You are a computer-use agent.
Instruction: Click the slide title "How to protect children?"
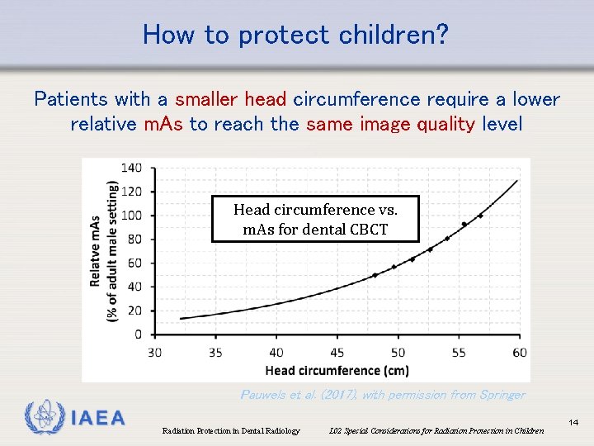click(296, 35)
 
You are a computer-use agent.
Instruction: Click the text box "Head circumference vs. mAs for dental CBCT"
click(315, 219)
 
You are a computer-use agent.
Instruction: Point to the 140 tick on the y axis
click(132, 168)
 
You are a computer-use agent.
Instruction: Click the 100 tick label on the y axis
click(132, 216)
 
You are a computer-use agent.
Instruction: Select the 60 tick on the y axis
click(135, 263)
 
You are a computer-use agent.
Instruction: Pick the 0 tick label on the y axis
click(138, 334)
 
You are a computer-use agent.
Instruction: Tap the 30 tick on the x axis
click(155, 353)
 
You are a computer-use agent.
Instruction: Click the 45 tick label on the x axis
click(337, 353)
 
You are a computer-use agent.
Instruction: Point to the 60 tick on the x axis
click(520, 353)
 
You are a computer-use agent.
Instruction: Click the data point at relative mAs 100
click(481, 216)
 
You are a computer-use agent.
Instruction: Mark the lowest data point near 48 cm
click(375, 275)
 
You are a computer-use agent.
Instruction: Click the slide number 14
click(573, 423)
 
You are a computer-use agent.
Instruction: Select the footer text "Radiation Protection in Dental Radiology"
click(231, 430)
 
